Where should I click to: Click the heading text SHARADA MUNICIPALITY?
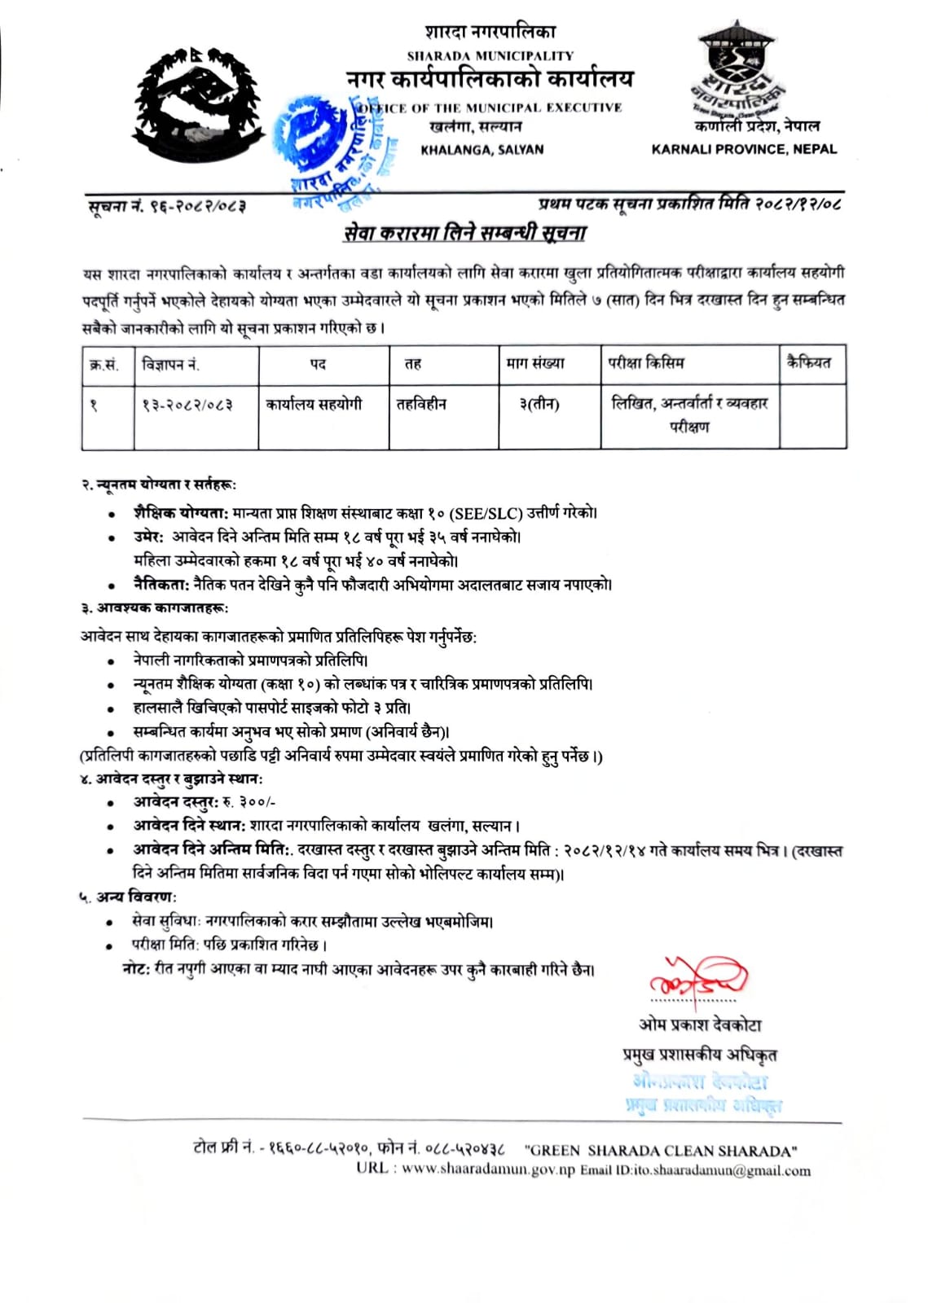pos(490,56)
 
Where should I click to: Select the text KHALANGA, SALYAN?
pos(482,150)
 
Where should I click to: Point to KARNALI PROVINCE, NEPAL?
pos(743,149)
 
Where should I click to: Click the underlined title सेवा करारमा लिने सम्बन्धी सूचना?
pos(464,234)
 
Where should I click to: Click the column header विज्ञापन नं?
pos(170,364)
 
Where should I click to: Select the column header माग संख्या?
pos(535,364)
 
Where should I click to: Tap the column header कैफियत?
pos(808,363)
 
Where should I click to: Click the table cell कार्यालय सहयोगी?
pos(314,404)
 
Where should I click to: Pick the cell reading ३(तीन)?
pos(539,404)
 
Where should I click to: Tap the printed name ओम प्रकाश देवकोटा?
pos(700,1024)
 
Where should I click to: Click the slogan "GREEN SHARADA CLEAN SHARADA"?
pos(661,1151)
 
